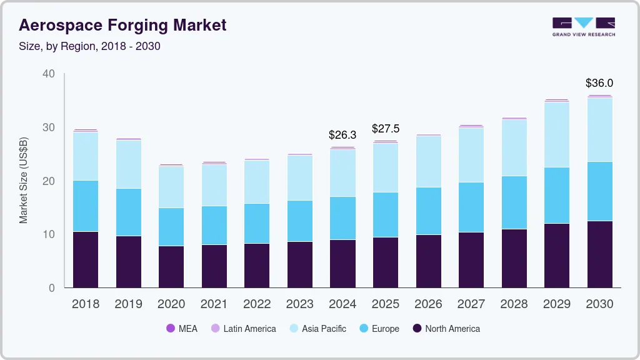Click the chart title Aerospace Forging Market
[x=122, y=25]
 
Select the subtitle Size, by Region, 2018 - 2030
[x=89, y=46]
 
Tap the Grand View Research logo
[x=583, y=27]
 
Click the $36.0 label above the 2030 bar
[x=599, y=82]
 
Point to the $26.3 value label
[x=342, y=134]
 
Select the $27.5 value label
[x=385, y=129]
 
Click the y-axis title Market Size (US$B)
[x=24, y=181]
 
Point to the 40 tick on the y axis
[x=48, y=74]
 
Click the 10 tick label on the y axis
[x=48, y=234]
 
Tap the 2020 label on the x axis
[x=171, y=304]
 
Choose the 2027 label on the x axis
[x=471, y=304]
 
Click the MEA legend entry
[x=182, y=328]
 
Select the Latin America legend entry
[x=243, y=328]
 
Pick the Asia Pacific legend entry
[x=317, y=328]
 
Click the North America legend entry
[x=446, y=328]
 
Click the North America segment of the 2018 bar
[x=86, y=259]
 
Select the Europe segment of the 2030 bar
[x=599, y=191]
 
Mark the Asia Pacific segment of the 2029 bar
[x=556, y=134]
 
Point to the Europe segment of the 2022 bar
[x=257, y=223]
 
